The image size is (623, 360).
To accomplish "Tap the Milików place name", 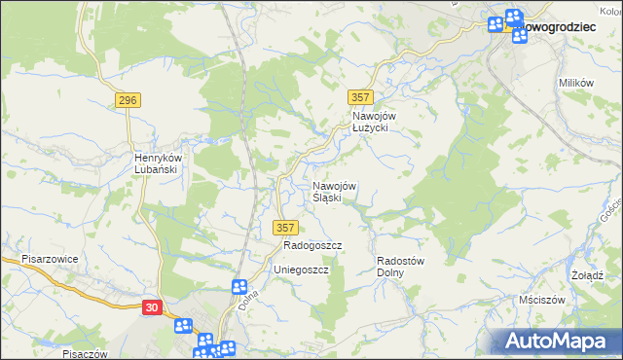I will pyautogui.click(x=576, y=84).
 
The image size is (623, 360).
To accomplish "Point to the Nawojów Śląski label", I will pyautogui.click(x=334, y=192).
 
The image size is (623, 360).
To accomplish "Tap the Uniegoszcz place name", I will pyautogui.click(x=301, y=269).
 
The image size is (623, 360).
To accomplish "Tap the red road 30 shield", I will pyautogui.click(x=151, y=306).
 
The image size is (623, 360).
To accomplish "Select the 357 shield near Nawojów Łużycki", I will pyautogui.click(x=360, y=96).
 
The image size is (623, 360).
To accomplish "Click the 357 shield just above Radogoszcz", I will pyautogui.click(x=284, y=227).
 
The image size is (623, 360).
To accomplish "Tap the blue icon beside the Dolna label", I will pyautogui.click(x=239, y=286).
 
